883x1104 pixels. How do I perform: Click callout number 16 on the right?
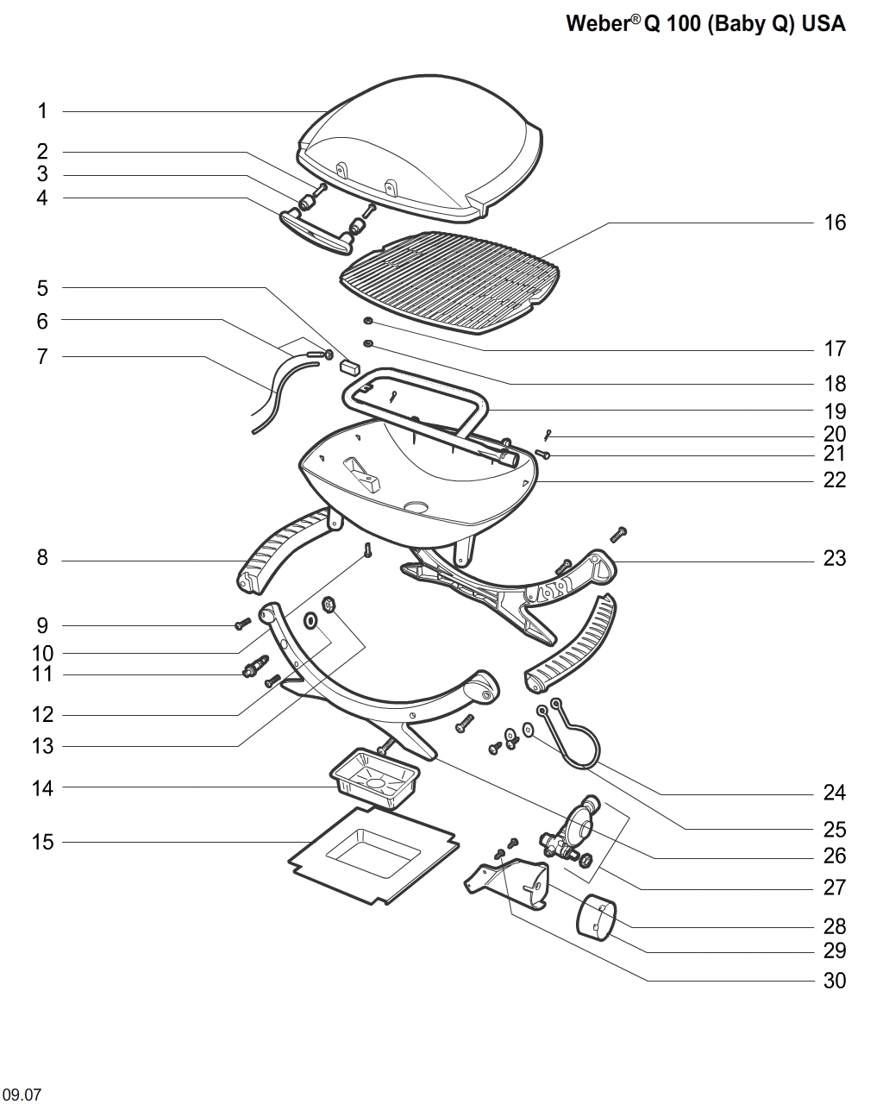(835, 223)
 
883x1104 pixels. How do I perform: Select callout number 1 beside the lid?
(42, 111)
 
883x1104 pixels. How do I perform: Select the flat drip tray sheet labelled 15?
(371, 854)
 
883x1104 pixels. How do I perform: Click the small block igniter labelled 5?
(349, 365)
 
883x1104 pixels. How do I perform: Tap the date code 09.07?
(21, 1095)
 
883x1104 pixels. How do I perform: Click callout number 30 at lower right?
(835, 981)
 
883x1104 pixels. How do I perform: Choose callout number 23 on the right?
(835, 559)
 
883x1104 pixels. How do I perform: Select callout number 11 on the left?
(42, 674)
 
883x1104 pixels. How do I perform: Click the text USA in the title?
(824, 24)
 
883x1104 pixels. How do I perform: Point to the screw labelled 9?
(242, 624)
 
